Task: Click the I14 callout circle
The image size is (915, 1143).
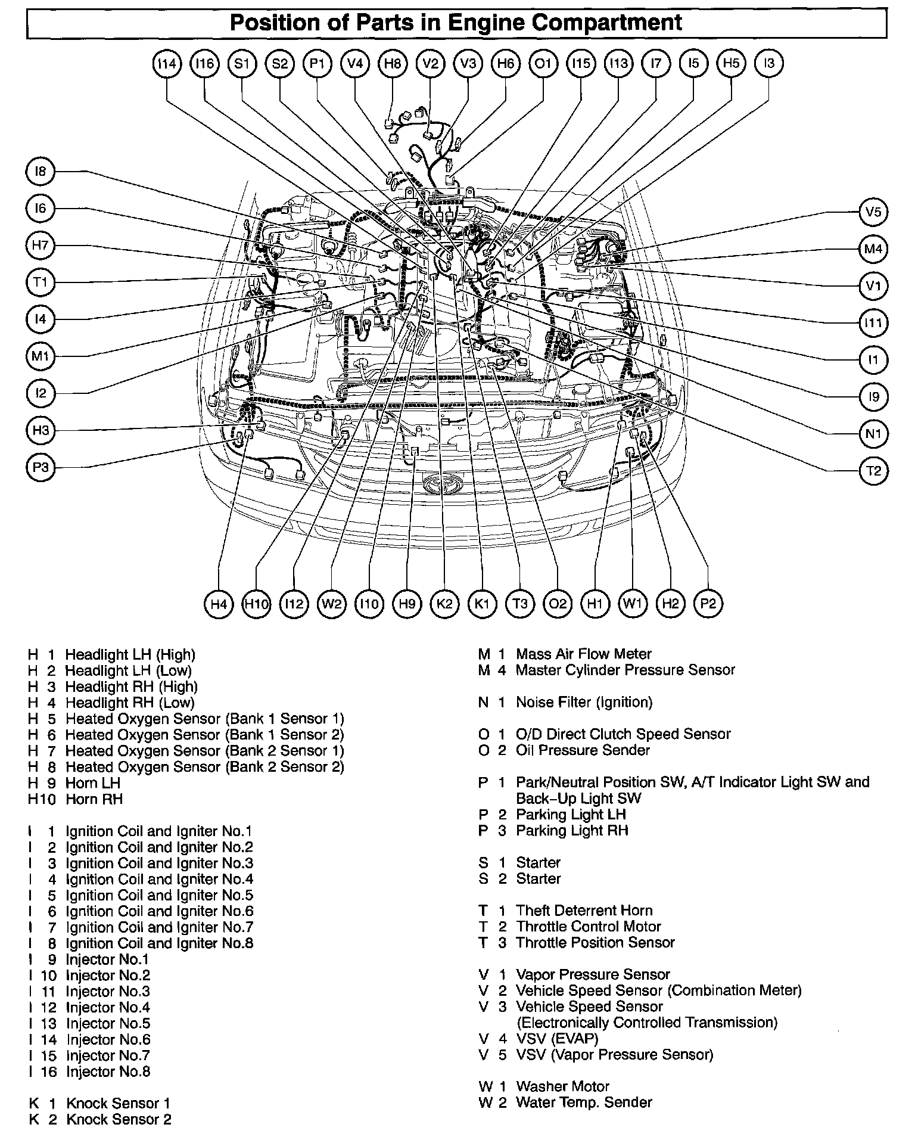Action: (x=166, y=63)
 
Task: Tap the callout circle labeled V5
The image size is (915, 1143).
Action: (x=873, y=212)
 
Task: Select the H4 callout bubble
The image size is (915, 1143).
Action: (x=219, y=604)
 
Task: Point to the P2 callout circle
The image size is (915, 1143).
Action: (x=708, y=604)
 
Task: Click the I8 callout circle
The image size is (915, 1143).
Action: (x=41, y=172)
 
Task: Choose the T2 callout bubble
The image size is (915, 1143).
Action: (x=873, y=471)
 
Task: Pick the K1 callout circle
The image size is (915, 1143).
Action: (x=483, y=604)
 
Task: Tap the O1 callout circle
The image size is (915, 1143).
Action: (x=543, y=63)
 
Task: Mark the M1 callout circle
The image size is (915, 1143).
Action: (x=41, y=356)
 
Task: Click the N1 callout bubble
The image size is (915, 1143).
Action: (x=873, y=434)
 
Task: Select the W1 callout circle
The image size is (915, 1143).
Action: (x=633, y=604)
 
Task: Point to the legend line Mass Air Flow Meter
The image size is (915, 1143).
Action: (x=583, y=654)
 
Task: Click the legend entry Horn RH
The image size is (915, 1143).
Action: (x=94, y=799)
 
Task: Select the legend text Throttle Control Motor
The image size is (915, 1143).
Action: (x=588, y=927)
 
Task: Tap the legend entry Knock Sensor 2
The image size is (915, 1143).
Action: (x=118, y=1120)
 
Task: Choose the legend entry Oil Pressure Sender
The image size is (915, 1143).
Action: (x=582, y=750)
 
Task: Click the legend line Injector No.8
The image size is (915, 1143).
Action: (x=108, y=1071)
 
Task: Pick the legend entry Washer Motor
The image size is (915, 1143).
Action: (x=562, y=1086)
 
